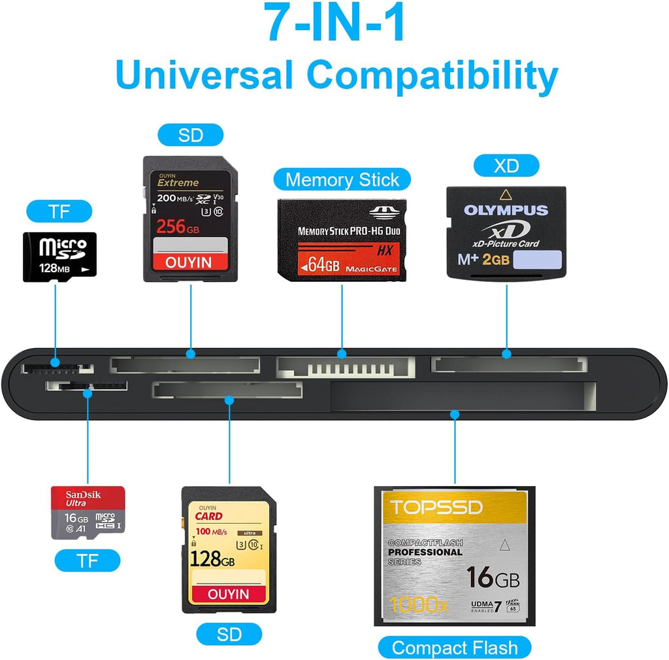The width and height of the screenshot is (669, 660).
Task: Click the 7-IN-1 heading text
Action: coord(335,24)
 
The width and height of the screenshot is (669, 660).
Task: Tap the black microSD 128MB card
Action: coord(59,256)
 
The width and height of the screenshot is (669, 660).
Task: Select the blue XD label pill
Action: coord(506,165)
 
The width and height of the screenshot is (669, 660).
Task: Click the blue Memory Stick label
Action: coord(342,179)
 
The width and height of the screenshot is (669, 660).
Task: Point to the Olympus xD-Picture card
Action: coord(506,233)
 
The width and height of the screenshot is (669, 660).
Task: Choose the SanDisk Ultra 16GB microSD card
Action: coord(88,513)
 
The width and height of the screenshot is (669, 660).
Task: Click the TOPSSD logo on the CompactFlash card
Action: coord(436,507)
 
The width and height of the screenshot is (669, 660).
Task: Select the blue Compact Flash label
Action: coord(454,648)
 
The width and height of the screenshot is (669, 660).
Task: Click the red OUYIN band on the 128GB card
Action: coord(229,593)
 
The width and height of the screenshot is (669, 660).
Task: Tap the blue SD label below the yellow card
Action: coord(229,634)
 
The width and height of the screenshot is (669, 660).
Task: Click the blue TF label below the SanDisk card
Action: coord(88,561)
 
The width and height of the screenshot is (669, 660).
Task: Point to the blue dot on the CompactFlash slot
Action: coord(455,414)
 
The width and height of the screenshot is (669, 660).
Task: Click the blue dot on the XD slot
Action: coord(507,354)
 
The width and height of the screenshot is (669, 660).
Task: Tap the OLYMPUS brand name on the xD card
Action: coord(506,210)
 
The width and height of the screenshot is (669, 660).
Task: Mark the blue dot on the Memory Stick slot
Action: coord(342,354)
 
